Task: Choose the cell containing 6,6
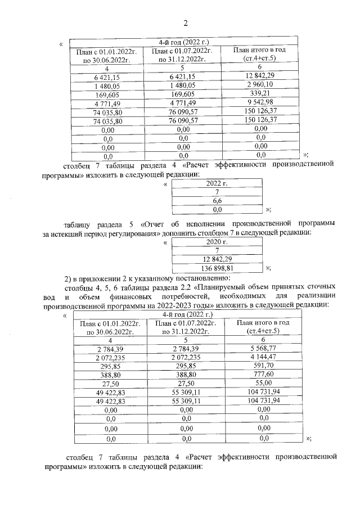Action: tap(216, 201)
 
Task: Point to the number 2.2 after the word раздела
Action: tap(186, 287)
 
